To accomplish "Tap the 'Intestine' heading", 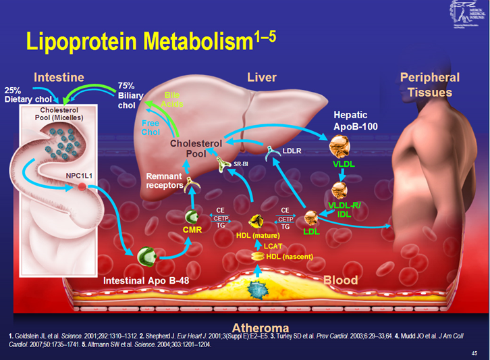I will pos(59,77).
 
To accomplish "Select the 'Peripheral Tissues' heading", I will pos(429,84).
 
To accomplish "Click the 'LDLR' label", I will pos(291,151).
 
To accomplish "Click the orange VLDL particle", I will pos(339,146).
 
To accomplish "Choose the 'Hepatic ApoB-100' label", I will pos(356,121).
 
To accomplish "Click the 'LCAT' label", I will pos(273,246).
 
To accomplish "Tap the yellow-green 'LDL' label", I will pos(311,232).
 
